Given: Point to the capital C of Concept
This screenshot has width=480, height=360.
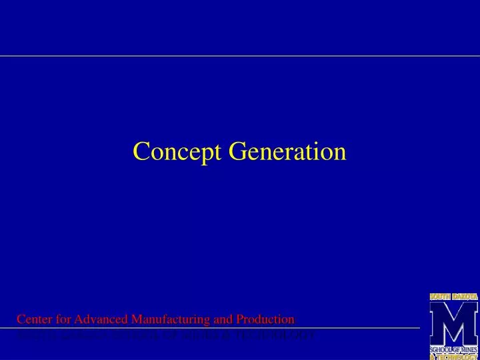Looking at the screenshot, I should tap(139, 151).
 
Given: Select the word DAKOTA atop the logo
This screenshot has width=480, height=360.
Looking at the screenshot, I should tap(465, 296).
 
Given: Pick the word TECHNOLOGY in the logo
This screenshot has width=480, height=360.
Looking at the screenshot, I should tap(457, 357).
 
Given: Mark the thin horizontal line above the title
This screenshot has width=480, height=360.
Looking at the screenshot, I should tap(240, 56).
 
